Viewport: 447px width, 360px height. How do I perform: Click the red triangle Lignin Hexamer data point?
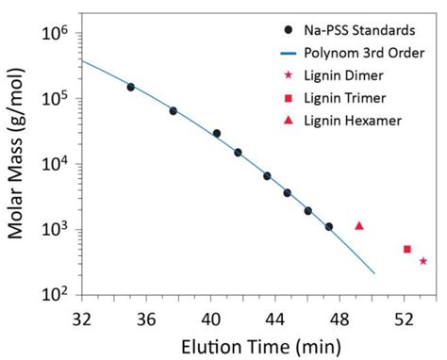coord(359,226)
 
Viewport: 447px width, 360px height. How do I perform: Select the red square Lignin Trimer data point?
coord(407,249)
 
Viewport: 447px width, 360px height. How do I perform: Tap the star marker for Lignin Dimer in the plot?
coord(423,261)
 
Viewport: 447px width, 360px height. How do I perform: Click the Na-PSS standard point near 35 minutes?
coord(131,87)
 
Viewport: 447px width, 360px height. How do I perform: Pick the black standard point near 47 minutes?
coord(329,227)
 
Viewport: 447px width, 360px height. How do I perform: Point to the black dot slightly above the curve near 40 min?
coord(217,134)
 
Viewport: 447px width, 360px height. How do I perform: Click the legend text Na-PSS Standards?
coord(359,30)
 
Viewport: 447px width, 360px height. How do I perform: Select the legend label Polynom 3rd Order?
coord(364,53)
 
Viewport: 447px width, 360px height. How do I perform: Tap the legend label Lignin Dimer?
coord(343,75)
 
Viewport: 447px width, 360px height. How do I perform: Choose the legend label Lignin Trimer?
coord(345,98)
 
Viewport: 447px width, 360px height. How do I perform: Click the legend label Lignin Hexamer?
coord(353,121)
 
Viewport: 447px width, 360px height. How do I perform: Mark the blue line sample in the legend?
coord(289,54)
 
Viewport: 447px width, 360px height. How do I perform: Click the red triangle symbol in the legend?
coord(289,121)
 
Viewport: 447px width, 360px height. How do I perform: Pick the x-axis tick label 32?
coord(82,319)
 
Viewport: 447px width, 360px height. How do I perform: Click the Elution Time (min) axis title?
coord(261,348)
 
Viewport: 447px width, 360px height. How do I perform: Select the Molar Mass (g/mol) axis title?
coord(16,153)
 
